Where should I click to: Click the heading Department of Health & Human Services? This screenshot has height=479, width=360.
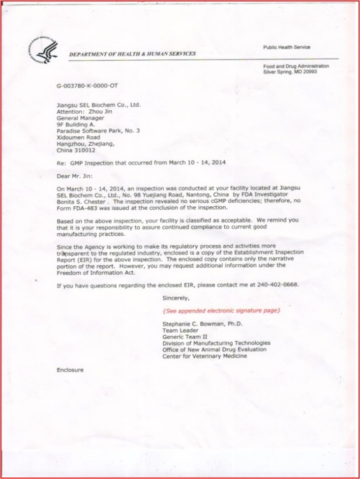(x=132, y=54)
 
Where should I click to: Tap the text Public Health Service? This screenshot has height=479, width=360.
(x=286, y=47)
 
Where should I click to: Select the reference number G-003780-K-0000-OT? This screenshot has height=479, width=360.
(x=88, y=86)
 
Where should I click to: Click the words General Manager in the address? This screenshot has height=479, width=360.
(x=80, y=118)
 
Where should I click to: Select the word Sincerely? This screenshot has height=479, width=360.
(x=176, y=298)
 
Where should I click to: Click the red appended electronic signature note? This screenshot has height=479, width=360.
(x=221, y=311)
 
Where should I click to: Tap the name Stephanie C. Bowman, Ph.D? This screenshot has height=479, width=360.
(x=202, y=324)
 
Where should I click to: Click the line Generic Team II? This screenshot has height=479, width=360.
(x=184, y=337)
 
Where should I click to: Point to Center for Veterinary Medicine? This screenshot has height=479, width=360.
(x=205, y=356)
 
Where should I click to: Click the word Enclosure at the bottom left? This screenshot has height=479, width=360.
(x=70, y=369)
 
